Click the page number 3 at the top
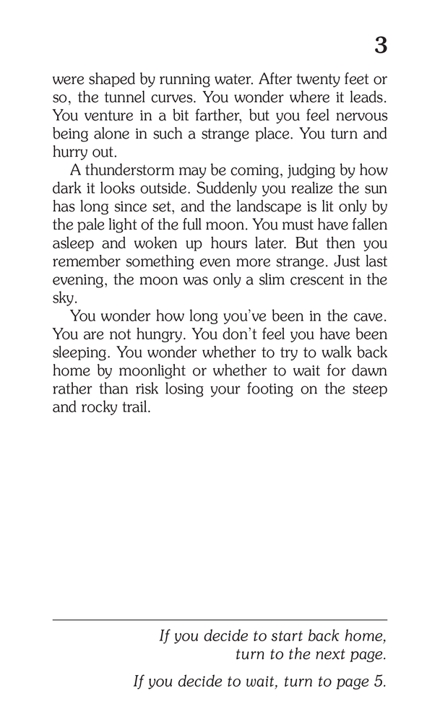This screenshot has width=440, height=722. pyautogui.click(x=380, y=46)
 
